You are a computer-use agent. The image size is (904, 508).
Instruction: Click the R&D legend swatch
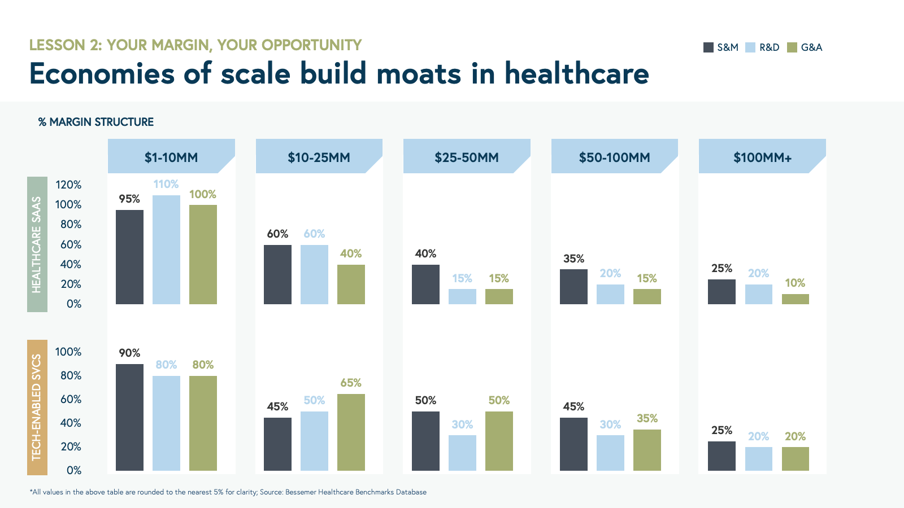pos(750,47)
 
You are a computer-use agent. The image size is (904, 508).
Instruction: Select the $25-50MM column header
pos(467,157)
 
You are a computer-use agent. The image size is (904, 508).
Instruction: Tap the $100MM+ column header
pos(762,157)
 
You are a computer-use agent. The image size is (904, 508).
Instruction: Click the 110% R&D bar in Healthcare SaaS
pos(166,249)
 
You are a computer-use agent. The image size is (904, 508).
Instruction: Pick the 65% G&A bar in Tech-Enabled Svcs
pos(351,432)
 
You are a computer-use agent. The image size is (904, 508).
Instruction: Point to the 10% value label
pos(795,283)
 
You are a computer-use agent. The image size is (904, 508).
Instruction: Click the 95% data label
pos(129,199)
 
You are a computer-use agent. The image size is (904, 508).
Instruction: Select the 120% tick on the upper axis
pos(68,185)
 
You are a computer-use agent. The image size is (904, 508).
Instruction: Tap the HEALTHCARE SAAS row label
pos(37,244)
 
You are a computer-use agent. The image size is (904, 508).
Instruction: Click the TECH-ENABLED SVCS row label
pos(37,407)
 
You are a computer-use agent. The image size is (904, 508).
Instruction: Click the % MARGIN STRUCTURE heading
pos(96,122)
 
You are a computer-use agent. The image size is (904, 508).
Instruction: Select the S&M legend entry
pos(721,47)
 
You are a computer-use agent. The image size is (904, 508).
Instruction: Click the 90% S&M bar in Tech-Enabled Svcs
pos(129,417)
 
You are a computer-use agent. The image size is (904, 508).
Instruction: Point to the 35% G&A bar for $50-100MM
pos(647,450)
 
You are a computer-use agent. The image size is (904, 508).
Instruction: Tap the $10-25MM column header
pos(319,157)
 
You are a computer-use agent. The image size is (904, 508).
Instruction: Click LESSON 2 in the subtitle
pos(65,45)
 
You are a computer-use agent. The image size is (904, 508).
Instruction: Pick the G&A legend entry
pos(805,47)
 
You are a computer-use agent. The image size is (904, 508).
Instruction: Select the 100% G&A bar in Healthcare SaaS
pos(203,255)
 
